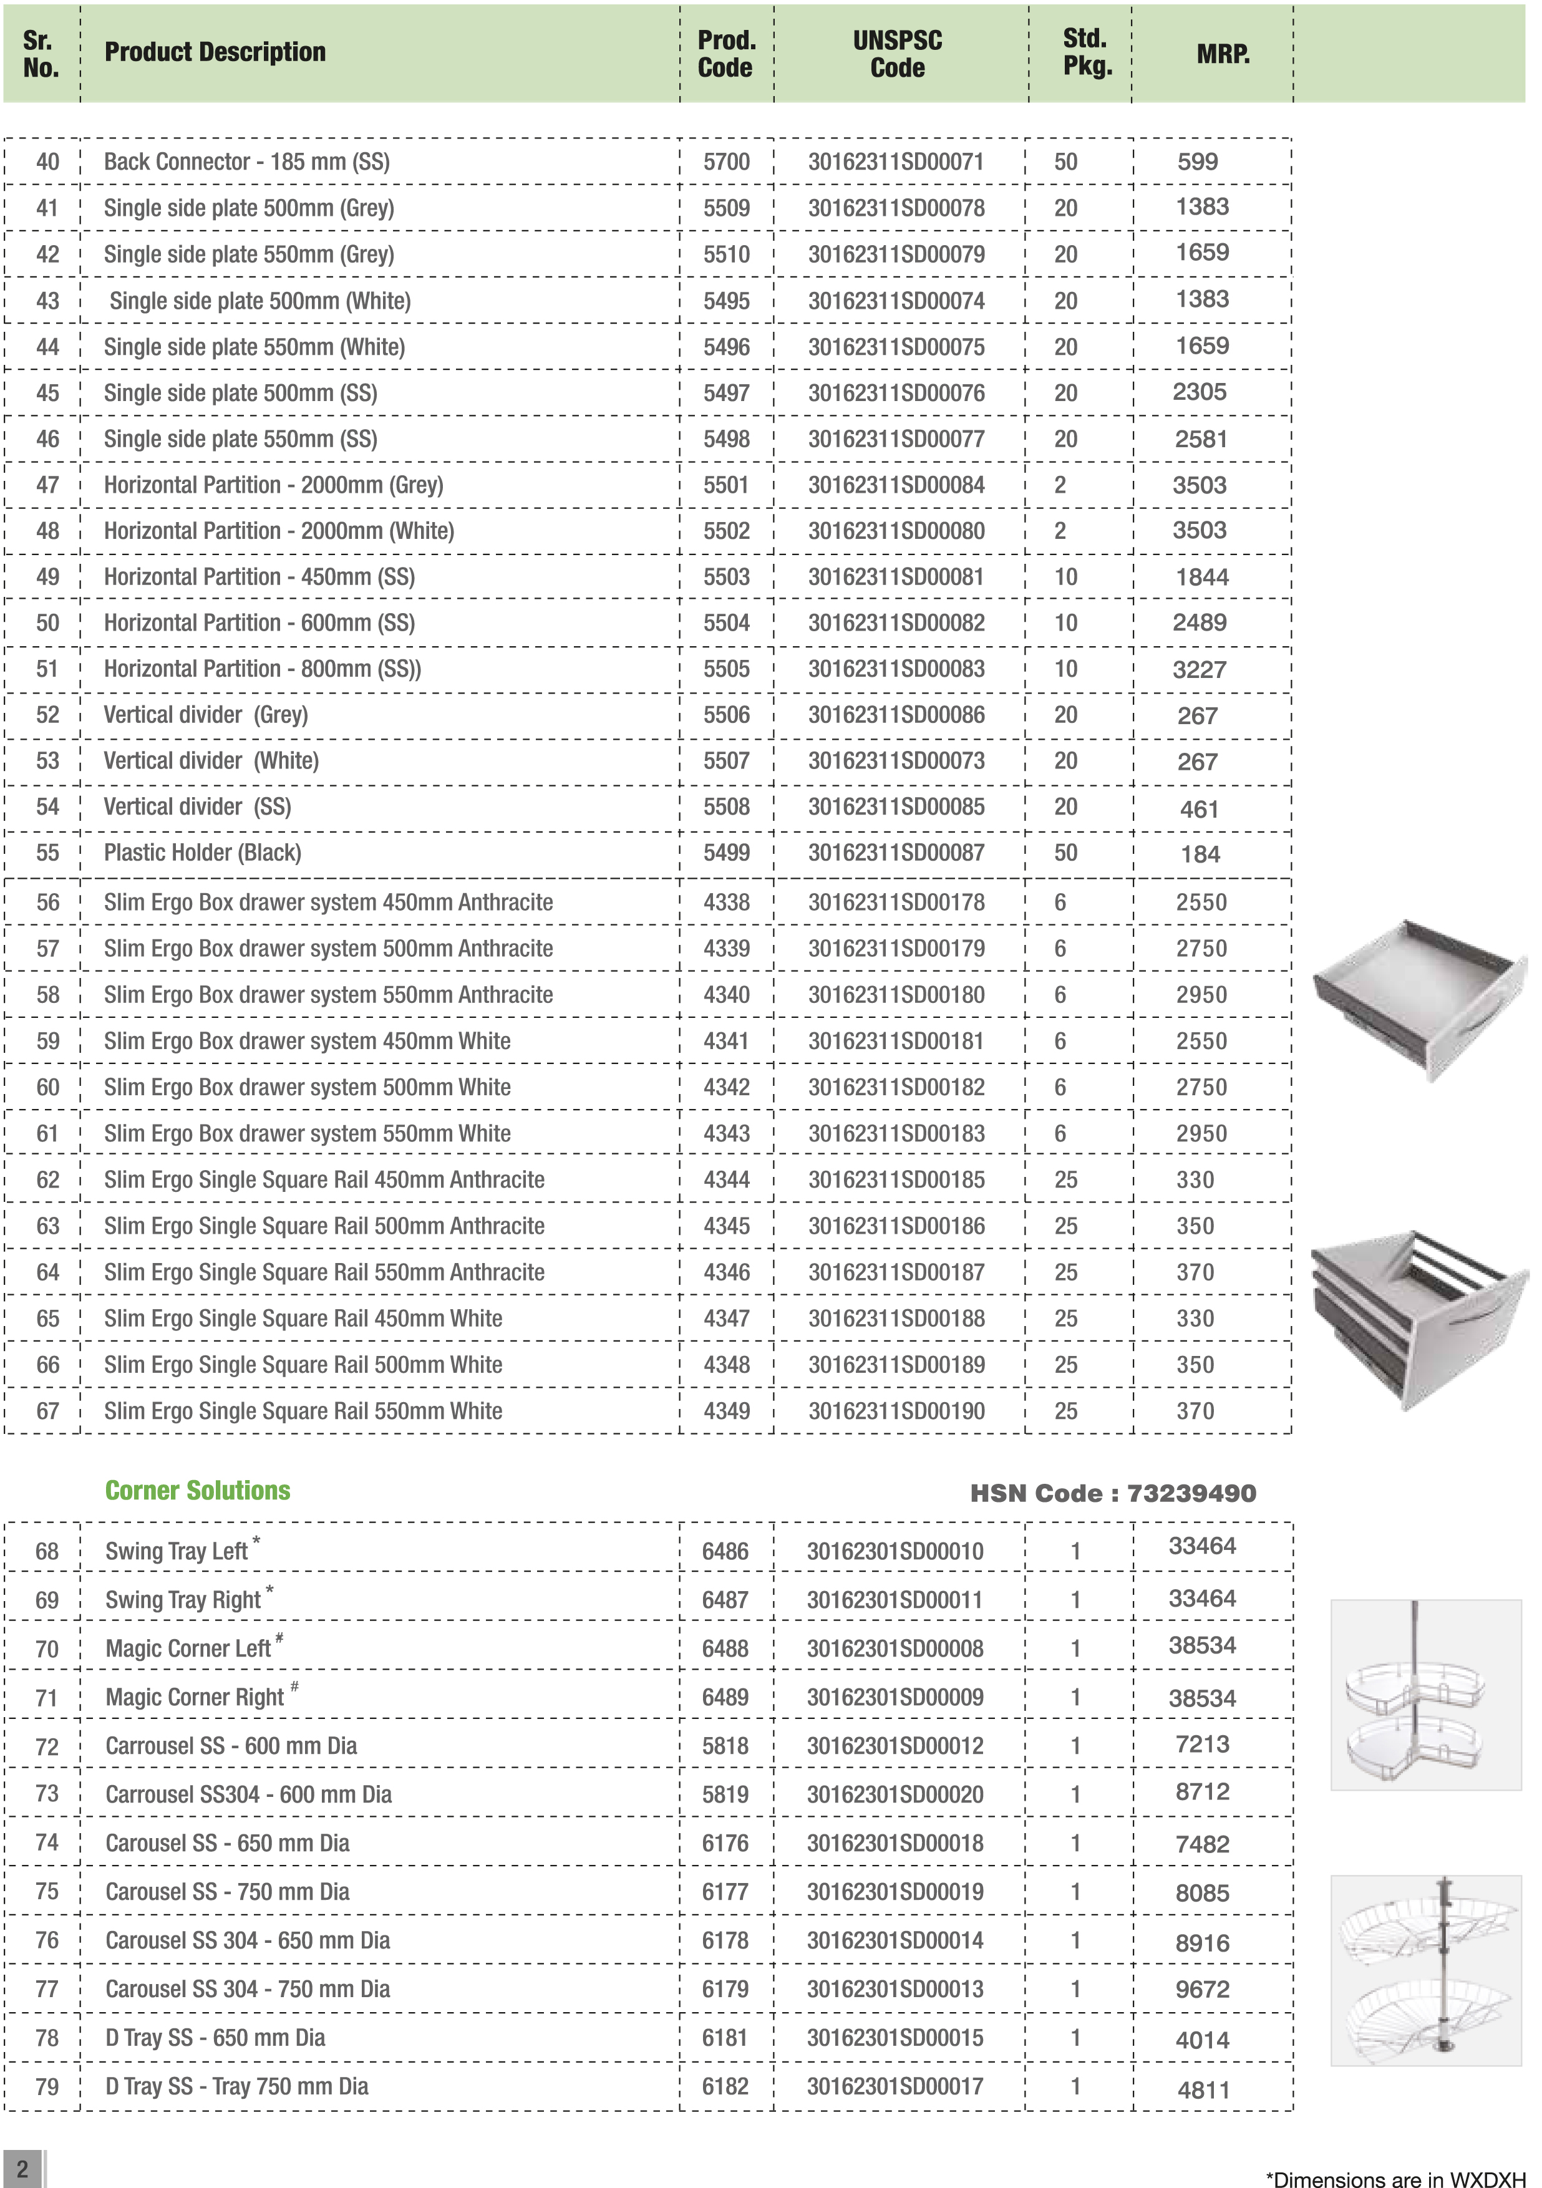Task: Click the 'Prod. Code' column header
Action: pos(726,54)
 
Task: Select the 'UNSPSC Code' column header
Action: pos(897,54)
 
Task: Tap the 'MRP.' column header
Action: pos(1223,54)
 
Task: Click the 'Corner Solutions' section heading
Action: pos(197,1491)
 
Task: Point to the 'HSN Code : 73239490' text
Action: pos(1112,1493)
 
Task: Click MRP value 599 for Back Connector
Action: pos(1197,162)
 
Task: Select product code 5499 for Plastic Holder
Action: pos(726,853)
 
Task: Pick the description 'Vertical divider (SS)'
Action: pos(197,807)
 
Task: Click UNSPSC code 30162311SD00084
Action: pos(896,485)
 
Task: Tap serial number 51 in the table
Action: pos(47,669)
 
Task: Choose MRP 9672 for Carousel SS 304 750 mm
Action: pos(1202,1990)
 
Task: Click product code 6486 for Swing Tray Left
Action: pos(725,1551)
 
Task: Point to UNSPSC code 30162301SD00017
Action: pos(895,2086)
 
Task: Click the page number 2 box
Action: pos(22,2167)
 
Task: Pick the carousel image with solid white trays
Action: pos(1426,1695)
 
